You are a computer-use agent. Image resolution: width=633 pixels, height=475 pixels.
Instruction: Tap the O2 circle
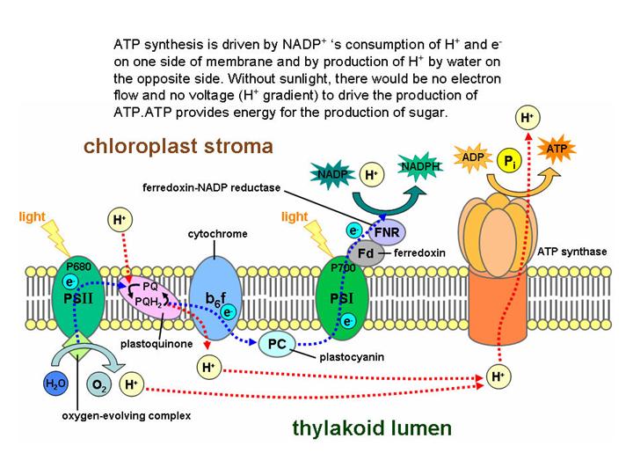pos(98,384)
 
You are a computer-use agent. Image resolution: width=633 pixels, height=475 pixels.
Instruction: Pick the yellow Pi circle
pos(508,161)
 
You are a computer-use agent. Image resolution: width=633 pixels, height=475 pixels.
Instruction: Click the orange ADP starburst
pos(473,157)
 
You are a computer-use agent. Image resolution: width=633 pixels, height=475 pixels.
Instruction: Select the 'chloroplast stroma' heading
pos(178,145)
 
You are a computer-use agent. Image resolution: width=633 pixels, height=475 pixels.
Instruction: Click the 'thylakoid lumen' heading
pos(372,428)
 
